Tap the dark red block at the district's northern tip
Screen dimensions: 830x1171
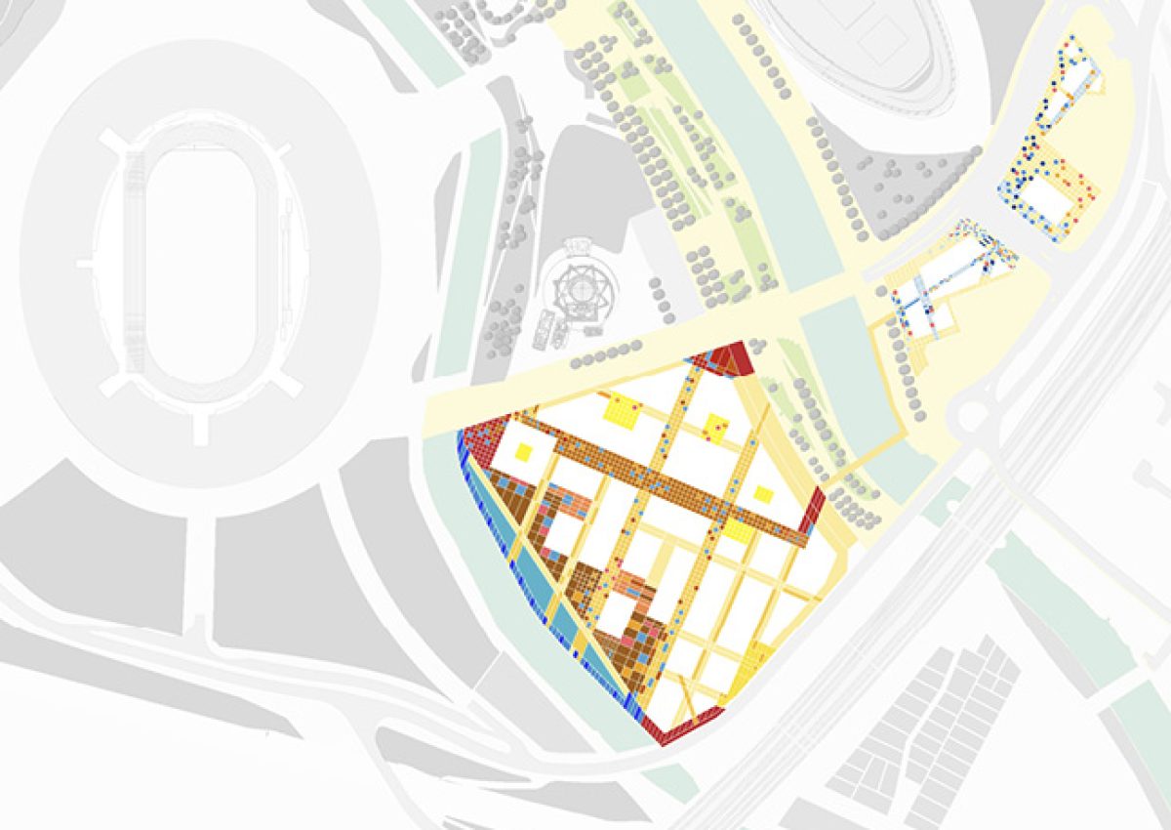click(x=728, y=358)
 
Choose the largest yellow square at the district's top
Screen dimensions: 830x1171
click(x=622, y=408)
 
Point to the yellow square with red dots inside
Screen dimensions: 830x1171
click(x=715, y=427)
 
